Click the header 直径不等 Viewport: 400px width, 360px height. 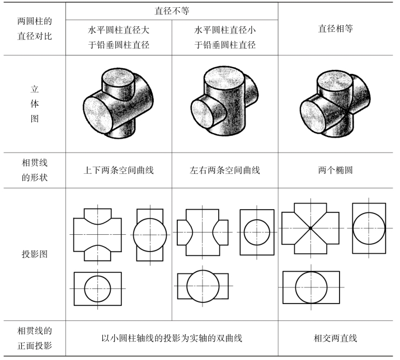tap(172, 11)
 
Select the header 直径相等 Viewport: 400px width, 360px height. tap(335, 28)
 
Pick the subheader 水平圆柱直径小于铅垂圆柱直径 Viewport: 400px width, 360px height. tap(225, 37)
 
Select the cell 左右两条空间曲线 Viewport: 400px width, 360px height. tap(225, 170)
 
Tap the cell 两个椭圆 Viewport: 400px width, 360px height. tap(335, 170)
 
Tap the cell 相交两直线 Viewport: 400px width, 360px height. tap(335, 338)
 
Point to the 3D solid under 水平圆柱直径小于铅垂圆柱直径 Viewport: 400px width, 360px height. tap(225, 105)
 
